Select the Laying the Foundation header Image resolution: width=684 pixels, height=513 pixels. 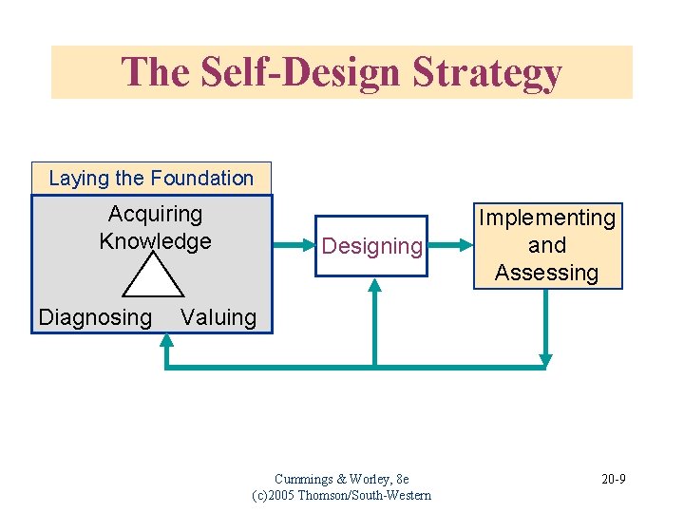151,178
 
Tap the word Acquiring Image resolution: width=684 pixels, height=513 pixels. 155,215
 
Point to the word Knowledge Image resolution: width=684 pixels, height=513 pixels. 155,241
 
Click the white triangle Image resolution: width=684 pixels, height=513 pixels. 153,276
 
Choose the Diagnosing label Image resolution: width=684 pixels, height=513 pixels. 95,317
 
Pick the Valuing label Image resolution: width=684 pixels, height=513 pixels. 218,317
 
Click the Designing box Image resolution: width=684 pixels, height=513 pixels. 371,246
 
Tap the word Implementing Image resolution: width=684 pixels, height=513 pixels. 547,218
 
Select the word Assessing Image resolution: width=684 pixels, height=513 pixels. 547,274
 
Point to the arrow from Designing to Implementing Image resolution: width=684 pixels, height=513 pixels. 448,245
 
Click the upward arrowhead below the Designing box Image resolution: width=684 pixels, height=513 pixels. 375,286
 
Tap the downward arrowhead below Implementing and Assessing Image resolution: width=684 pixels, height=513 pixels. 545,358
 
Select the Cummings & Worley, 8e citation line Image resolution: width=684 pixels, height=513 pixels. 341,479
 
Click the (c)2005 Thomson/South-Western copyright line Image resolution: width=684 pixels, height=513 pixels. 341,495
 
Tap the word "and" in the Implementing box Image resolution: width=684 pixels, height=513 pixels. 547,246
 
